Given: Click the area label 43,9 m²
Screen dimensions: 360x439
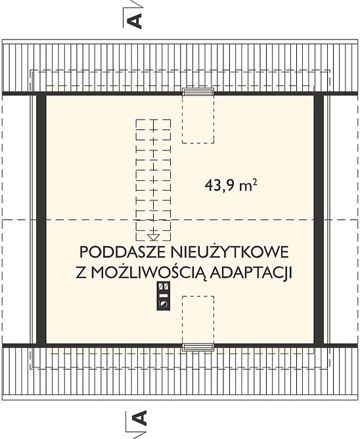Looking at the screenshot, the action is [x=231, y=185].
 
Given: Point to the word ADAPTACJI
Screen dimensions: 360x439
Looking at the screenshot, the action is [x=252, y=273].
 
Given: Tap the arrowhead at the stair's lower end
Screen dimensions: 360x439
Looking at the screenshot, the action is [x=153, y=237].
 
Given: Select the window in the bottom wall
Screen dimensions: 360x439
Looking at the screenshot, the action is [x=198, y=347].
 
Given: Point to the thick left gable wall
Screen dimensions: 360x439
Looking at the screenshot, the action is [x=41, y=219].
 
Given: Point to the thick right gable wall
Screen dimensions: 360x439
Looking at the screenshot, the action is [x=319, y=219].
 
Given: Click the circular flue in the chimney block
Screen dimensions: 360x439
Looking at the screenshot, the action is [x=163, y=304].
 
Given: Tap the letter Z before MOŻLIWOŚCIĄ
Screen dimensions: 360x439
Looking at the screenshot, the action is [x=81, y=273].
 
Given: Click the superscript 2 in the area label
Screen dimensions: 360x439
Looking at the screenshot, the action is [x=256, y=182].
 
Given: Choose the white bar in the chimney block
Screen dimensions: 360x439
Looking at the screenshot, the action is [x=163, y=295].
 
